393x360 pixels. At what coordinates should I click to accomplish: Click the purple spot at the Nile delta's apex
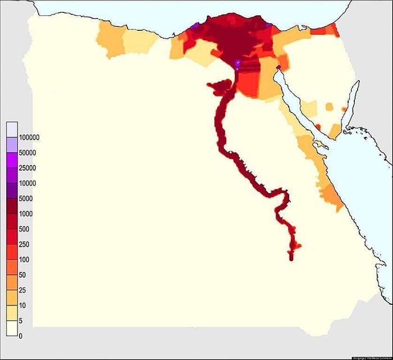pos(237,63)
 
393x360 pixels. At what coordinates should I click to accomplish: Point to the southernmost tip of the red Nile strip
pos(291,258)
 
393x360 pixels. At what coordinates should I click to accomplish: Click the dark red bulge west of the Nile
pos(219,86)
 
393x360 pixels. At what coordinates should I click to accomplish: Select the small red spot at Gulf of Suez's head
pos(277,69)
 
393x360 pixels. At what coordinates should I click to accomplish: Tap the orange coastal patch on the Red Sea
pos(332,197)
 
